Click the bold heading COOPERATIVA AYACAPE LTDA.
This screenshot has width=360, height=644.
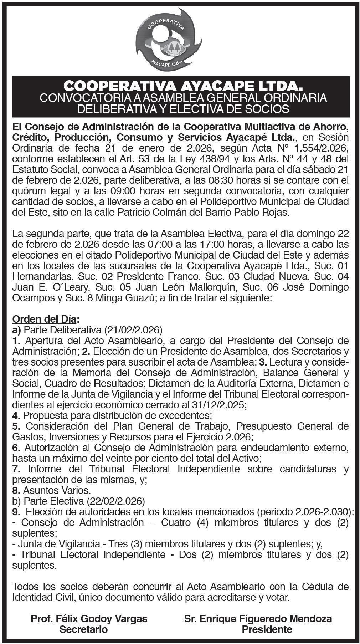coord(180,86)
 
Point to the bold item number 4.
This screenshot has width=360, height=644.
coord(16,415)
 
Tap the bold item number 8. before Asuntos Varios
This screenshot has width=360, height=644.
coord(16,490)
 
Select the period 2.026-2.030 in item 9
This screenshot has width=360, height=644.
coord(322,512)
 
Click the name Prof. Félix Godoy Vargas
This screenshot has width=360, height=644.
coord(89,618)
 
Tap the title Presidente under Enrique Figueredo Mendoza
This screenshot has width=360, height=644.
coord(267,629)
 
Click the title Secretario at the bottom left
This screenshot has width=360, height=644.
coord(83,629)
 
